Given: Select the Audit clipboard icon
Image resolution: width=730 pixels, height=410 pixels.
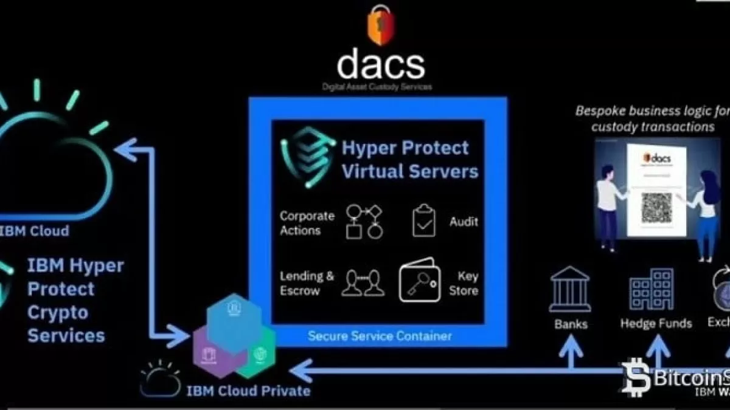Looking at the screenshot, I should [425, 220].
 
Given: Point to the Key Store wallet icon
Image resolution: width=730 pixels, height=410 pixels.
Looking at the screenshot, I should [419, 282].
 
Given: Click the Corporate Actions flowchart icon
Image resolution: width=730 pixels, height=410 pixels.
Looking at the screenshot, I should [364, 220].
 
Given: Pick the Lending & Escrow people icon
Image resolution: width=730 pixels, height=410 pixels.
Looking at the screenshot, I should [364, 283].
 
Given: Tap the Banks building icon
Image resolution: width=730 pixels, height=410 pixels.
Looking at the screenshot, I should [570, 289].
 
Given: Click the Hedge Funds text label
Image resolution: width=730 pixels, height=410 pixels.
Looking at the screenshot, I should [656, 323].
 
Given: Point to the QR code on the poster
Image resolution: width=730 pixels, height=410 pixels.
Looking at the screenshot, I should [656, 208].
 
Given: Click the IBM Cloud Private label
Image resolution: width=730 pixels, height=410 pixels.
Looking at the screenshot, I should [249, 389].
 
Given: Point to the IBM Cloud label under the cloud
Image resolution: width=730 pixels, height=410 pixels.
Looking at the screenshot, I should [35, 231].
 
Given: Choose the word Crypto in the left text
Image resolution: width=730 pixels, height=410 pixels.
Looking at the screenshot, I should [58, 312].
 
